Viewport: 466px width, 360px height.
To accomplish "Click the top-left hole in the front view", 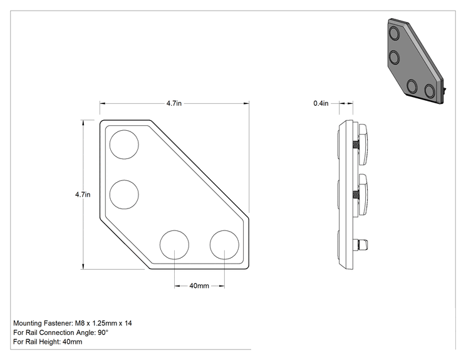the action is (124, 145).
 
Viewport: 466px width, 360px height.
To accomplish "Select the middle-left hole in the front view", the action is (124, 194).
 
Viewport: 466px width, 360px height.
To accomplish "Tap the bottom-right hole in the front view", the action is (224, 244).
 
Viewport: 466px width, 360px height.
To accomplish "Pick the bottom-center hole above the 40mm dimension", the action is (175, 244).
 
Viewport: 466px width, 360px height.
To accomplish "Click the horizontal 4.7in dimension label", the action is (174, 103).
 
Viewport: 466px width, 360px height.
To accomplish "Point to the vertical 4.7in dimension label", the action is (83, 195).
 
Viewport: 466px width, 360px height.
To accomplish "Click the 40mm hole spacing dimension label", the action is (199, 285).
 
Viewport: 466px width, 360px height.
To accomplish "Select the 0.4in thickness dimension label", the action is (321, 103).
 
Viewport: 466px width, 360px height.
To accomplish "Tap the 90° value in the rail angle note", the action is (103, 332).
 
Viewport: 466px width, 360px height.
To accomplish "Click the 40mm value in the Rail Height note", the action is (72, 342).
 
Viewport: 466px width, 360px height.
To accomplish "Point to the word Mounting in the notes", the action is (28, 324).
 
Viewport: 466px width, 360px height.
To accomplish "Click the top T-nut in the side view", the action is (363, 145).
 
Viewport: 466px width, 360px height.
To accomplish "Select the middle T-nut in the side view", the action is (363, 195).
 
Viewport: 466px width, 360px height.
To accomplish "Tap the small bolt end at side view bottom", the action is (363, 245).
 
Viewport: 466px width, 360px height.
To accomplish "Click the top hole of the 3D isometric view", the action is (395, 33).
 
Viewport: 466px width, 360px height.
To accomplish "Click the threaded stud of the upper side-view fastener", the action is (356, 145).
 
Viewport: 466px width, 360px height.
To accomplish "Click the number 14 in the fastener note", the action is (128, 323).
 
